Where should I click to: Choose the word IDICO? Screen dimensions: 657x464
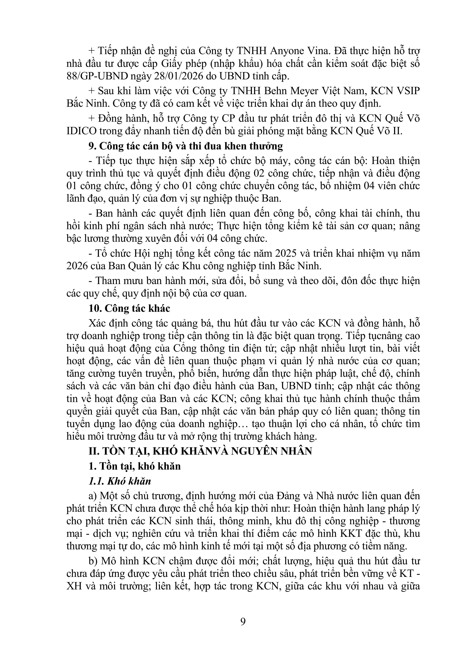(x=82, y=131)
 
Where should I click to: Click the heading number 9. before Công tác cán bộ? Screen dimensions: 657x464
(x=92, y=146)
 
